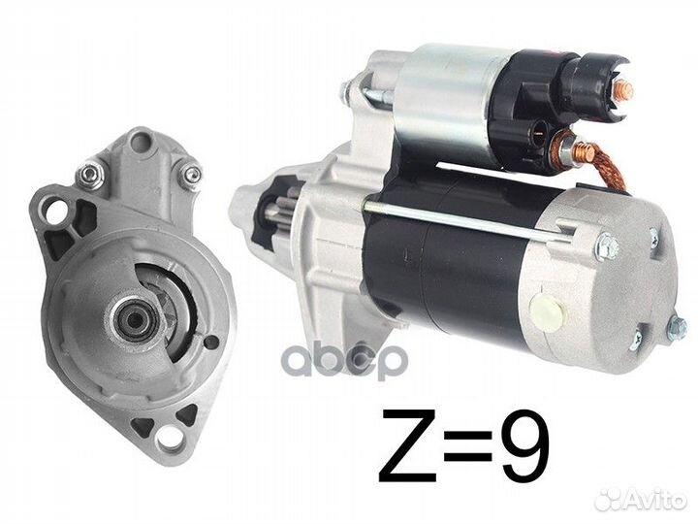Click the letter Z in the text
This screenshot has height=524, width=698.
(x=407, y=446)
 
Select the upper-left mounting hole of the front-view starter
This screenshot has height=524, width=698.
(x=54, y=213)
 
